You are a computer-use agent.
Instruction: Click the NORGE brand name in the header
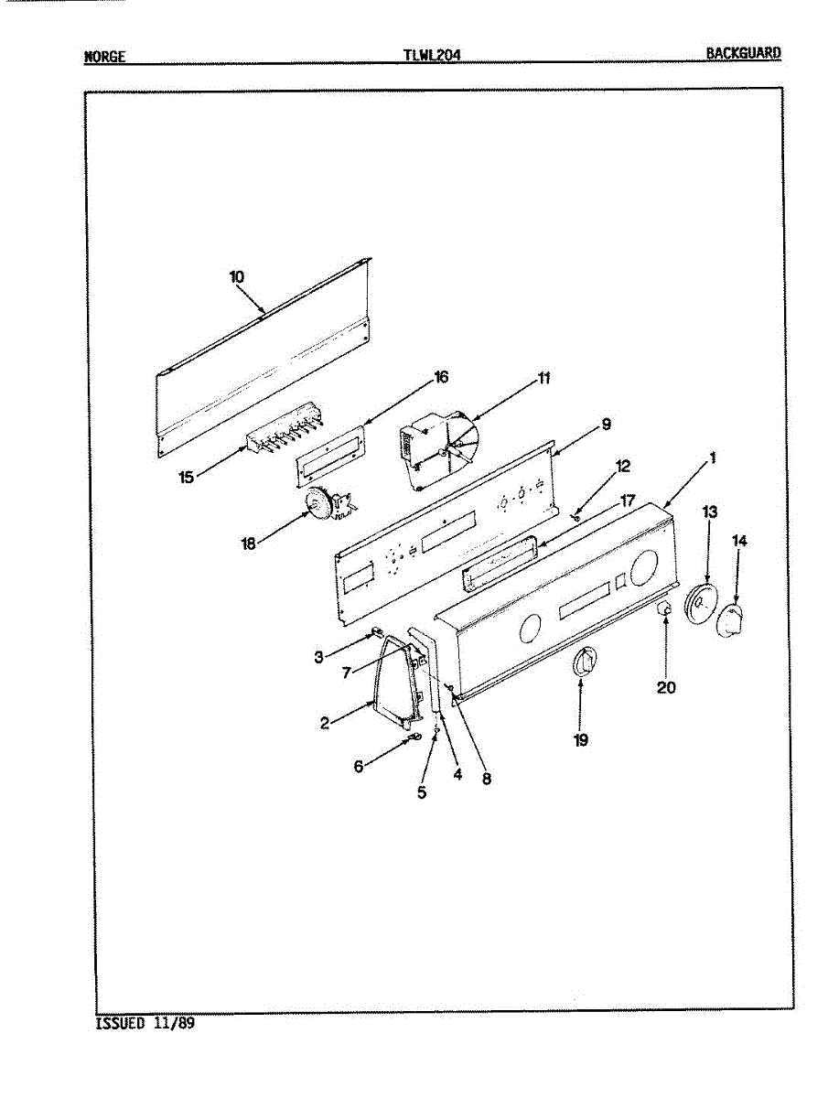(x=104, y=56)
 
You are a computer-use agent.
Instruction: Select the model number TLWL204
(x=431, y=55)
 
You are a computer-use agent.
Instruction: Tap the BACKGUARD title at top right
(x=743, y=53)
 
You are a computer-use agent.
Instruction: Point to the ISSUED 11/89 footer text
(x=145, y=1023)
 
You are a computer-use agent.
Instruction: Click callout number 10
(x=236, y=276)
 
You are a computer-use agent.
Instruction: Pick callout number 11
(x=543, y=377)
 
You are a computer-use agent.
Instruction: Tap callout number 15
(x=187, y=478)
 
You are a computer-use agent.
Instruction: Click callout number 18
(x=247, y=544)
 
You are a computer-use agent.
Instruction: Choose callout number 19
(x=581, y=740)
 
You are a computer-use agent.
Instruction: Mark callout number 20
(x=666, y=686)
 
